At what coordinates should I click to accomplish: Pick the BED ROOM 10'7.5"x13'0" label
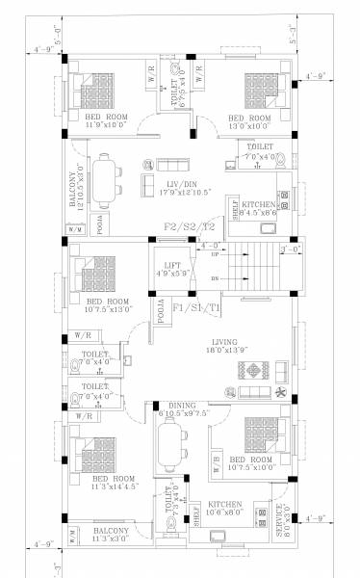pyautogui.click(x=107, y=305)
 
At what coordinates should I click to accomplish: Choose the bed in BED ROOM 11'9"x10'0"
pyautogui.click(x=99, y=87)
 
